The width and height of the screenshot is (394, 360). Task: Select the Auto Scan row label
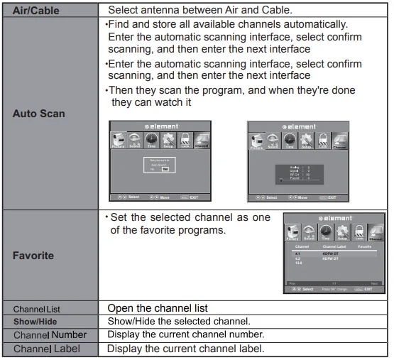click(39, 113)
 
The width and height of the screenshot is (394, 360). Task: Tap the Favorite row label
click(33, 255)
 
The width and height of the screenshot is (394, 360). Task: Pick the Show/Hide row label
click(34, 322)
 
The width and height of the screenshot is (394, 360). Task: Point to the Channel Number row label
click(50, 334)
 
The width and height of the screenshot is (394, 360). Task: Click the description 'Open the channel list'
click(157, 309)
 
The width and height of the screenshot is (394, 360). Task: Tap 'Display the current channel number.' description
click(185, 334)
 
